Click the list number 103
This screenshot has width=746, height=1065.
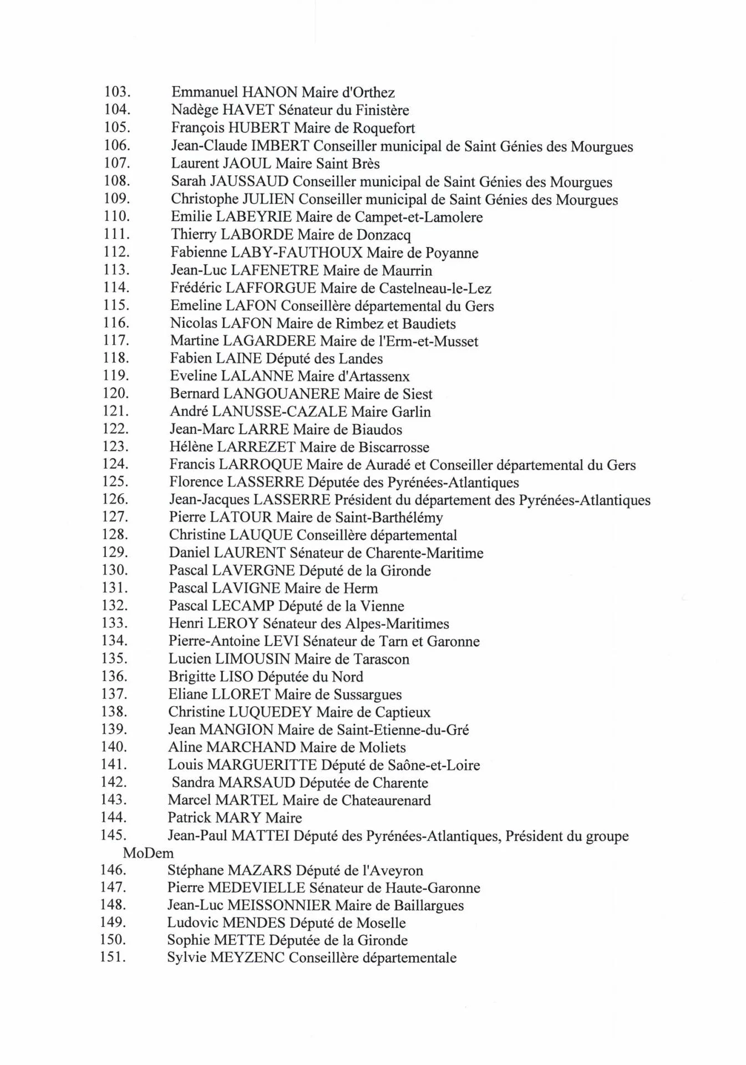point(117,92)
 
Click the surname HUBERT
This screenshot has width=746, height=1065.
point(259,128)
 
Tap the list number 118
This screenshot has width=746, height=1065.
point(116,358)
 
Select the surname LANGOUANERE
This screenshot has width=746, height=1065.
point(281,394)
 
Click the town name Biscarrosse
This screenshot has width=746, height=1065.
point(394,447)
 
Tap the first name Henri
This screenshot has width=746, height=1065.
point(186,623)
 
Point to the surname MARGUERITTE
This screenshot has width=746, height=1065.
point(262,765)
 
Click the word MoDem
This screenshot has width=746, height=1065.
point(148,853)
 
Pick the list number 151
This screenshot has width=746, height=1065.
point(113,957)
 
